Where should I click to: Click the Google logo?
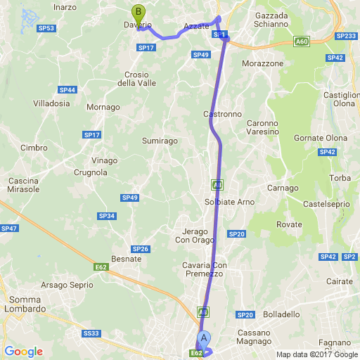(x=23, y=352)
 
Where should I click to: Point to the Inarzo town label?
(x=64, y=7)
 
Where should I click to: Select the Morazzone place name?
(x=262, y=63)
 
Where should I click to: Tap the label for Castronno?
(x=222, y=114)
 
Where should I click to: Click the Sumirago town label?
(x=160, y=141)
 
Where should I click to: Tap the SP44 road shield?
(x=67, y=90)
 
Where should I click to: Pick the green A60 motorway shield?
(x=302, y=41)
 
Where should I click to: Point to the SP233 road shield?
(x=347, y=36)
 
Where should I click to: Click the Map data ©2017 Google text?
(x=316, y=354)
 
